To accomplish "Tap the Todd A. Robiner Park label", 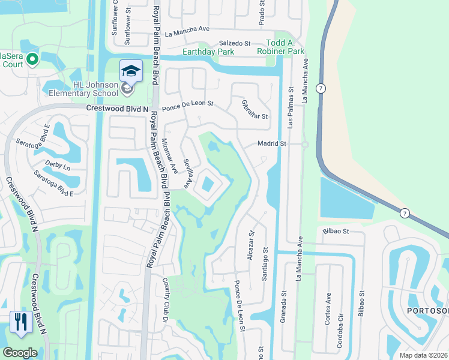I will tap(285, 47).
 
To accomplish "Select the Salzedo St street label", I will tap(234, 43).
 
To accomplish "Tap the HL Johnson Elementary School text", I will tap(95, 89).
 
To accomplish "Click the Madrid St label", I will tap(272, 144).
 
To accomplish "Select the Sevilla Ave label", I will tap(188, 173).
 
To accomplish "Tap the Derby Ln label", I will tap(58, 164).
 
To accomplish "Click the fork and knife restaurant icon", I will tap(21, 322).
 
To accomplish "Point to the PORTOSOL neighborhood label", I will tap(427, 311).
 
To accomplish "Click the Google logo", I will tap(20, 353).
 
